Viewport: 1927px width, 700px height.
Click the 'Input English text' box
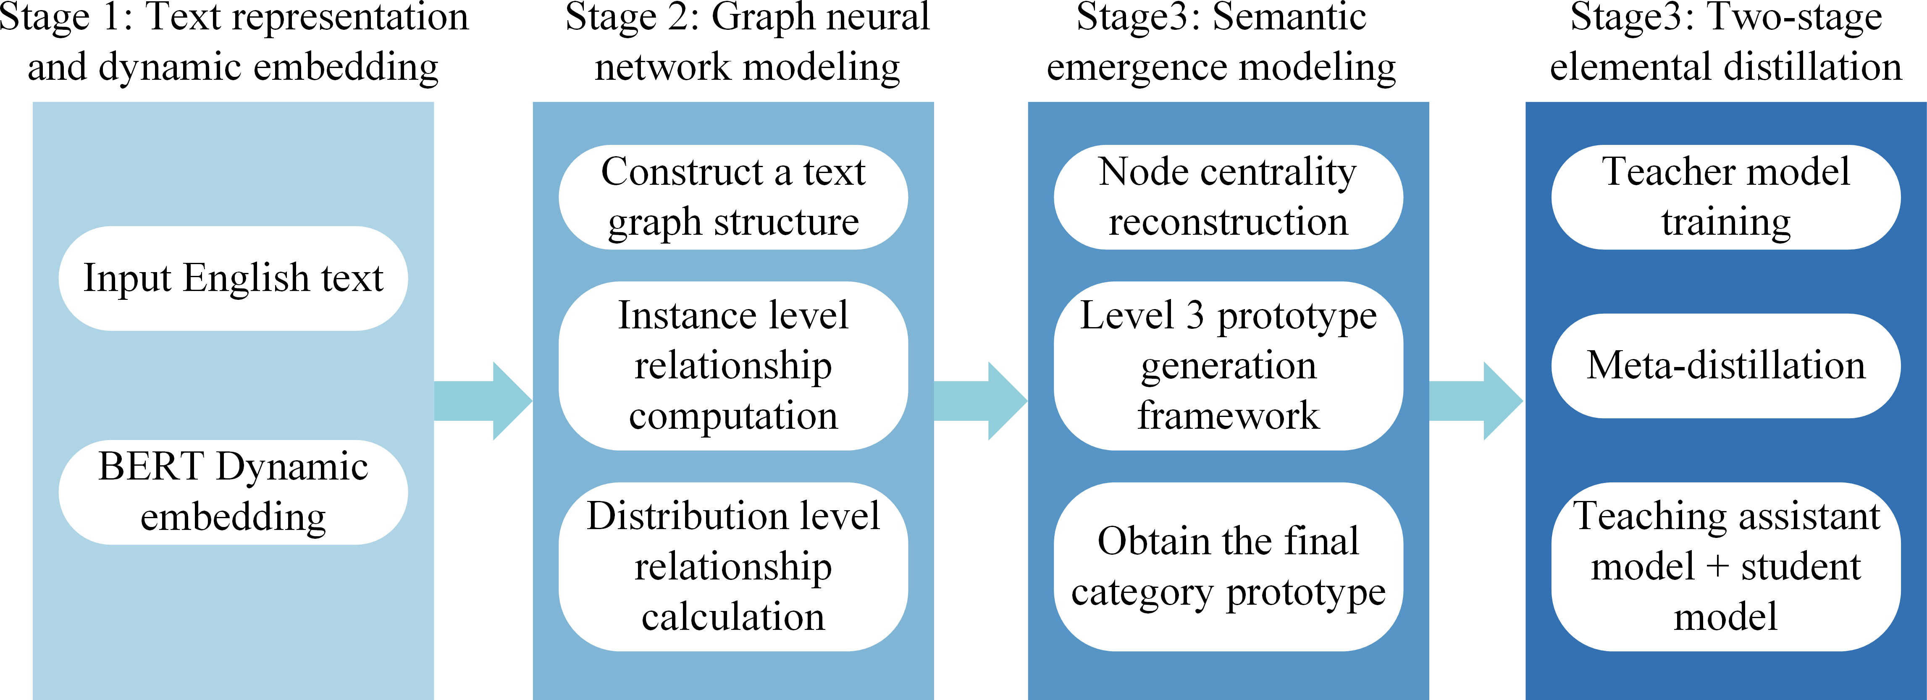pyautogui.click(x=234, y=278)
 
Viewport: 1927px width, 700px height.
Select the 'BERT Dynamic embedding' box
pyautogui.click(x=234, y=492)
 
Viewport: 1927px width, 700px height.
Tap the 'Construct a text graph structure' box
pyautogui.click(x=733, y=197)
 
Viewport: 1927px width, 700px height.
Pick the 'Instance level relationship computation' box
pyautogui.click(x=733, y=366)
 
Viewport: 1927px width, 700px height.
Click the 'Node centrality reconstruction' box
pyautogui.click(x=1228, y=197)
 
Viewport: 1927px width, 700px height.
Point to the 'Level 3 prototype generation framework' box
pyautogui.click(x=1228, y=366)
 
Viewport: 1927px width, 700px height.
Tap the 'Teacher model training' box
pyautogui.click(x=1726, y=197)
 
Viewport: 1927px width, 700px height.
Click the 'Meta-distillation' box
pyautogui.click(x=1726, y=366)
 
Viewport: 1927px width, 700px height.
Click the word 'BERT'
pyautogui.click(x=151, y=467)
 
